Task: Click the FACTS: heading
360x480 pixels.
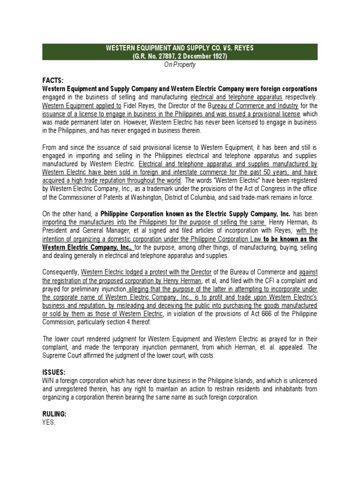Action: coord(52,81)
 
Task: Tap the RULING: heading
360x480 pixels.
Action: coord(54,414)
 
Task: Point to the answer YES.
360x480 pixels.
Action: coord(49,422)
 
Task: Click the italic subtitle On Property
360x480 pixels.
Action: coord(180,65)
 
